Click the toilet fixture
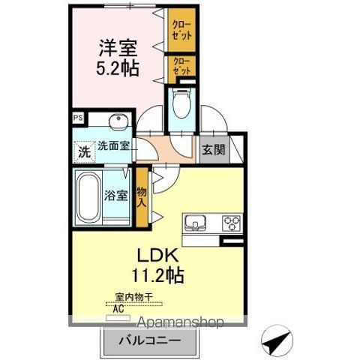coord(181,102)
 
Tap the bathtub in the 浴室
coord(88,198)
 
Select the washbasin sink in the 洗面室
coord(118,121)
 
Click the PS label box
coord(78,118)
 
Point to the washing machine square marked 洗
coord(85,151)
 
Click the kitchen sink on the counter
coord(195,222)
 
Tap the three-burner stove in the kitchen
coord(232,223)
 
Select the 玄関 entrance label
coord(214,150)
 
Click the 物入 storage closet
coord(142,197)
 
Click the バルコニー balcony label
coord(149,340)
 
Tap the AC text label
coord(118,309)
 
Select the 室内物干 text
coord(133,297)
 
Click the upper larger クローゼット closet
coord(181,30)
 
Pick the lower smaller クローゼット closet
coord(181,67)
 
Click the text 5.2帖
coord(118,68)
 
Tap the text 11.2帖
coord(158,274)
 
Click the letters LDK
coord(158,255)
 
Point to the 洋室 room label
coord(118,48)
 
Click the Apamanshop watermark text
coord(181,322)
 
